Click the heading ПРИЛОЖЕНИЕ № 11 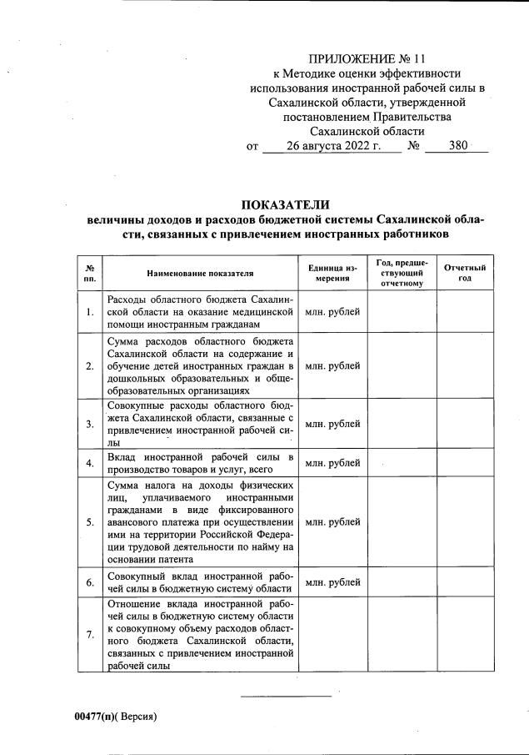click(x=367, y=58)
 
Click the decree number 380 click(x=457, y=146)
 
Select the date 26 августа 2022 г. click(x=332, y=146)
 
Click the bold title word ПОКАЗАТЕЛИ click(x=286, y=205)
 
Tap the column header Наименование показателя click(x=200, y=273)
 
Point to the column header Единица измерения click(x=332, y=273)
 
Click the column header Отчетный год click(x=464, y=273)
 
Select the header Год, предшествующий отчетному click(x=401, y=273)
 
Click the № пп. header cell click(x=89, y=273)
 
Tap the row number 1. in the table click(x=89, y=312)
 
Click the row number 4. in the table click(x=89, y=463)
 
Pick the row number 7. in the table click(x=89, y=635)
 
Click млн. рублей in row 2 click(x=332, y=365)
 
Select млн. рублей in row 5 click(x=332, y=522)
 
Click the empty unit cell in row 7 click(x=332, y=635)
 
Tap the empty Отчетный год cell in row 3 click(x=464, y=424)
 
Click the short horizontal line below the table click(x=286, y=696)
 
